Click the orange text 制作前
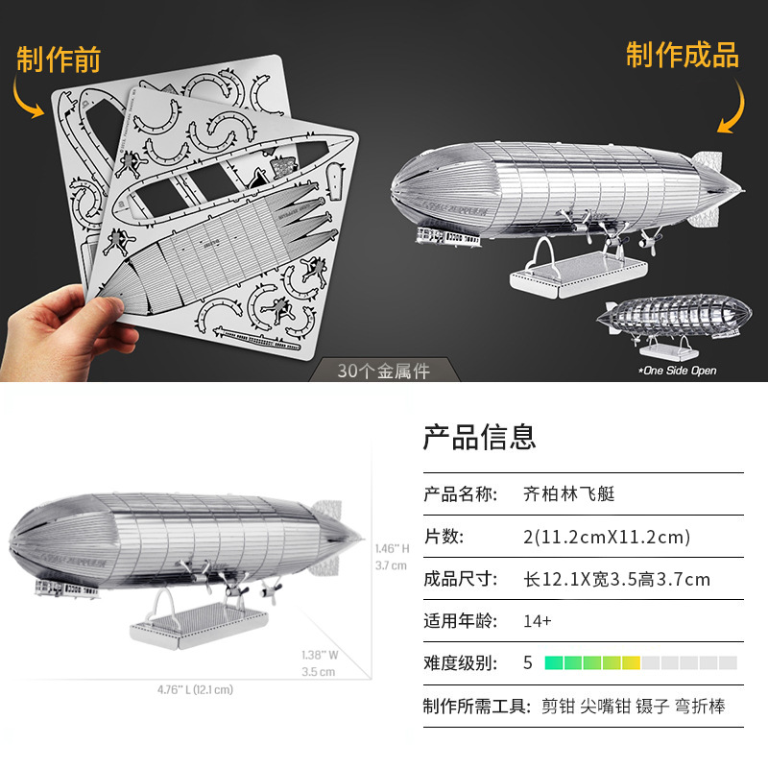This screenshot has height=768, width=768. point(60,60)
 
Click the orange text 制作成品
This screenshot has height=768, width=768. point(683,55)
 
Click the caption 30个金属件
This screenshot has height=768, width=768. point(384,371)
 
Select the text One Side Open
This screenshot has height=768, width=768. point(678,371)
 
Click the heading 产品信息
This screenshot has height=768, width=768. point(479,438)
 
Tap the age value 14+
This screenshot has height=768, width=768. point(538,621)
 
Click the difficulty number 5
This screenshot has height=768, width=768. point(527,662)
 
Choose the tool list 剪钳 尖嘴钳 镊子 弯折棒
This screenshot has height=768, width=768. point(633,707)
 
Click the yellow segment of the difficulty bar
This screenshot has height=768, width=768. point(631,662)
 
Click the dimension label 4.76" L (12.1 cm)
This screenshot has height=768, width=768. point(195,689)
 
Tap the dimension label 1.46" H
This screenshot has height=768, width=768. point(392,548)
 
